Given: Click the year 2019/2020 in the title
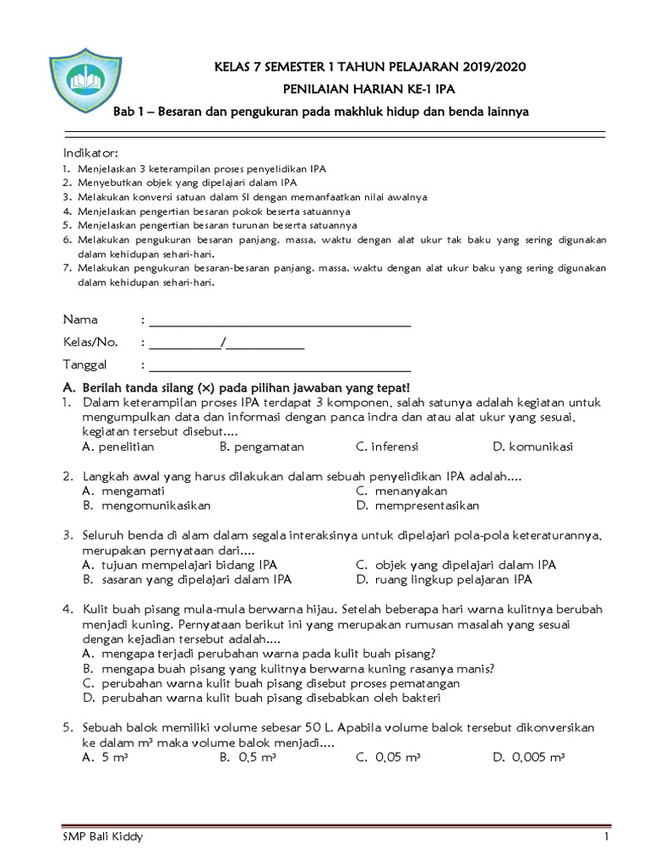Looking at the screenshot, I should [499, 68].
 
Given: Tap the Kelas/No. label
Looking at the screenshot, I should [91, 343].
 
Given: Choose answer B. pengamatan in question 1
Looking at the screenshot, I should [261, 447].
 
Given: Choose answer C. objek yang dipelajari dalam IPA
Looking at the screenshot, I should [455, 565].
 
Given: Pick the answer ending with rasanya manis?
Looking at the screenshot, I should [288, 667].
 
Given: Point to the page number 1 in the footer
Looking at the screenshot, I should [606, 837].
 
